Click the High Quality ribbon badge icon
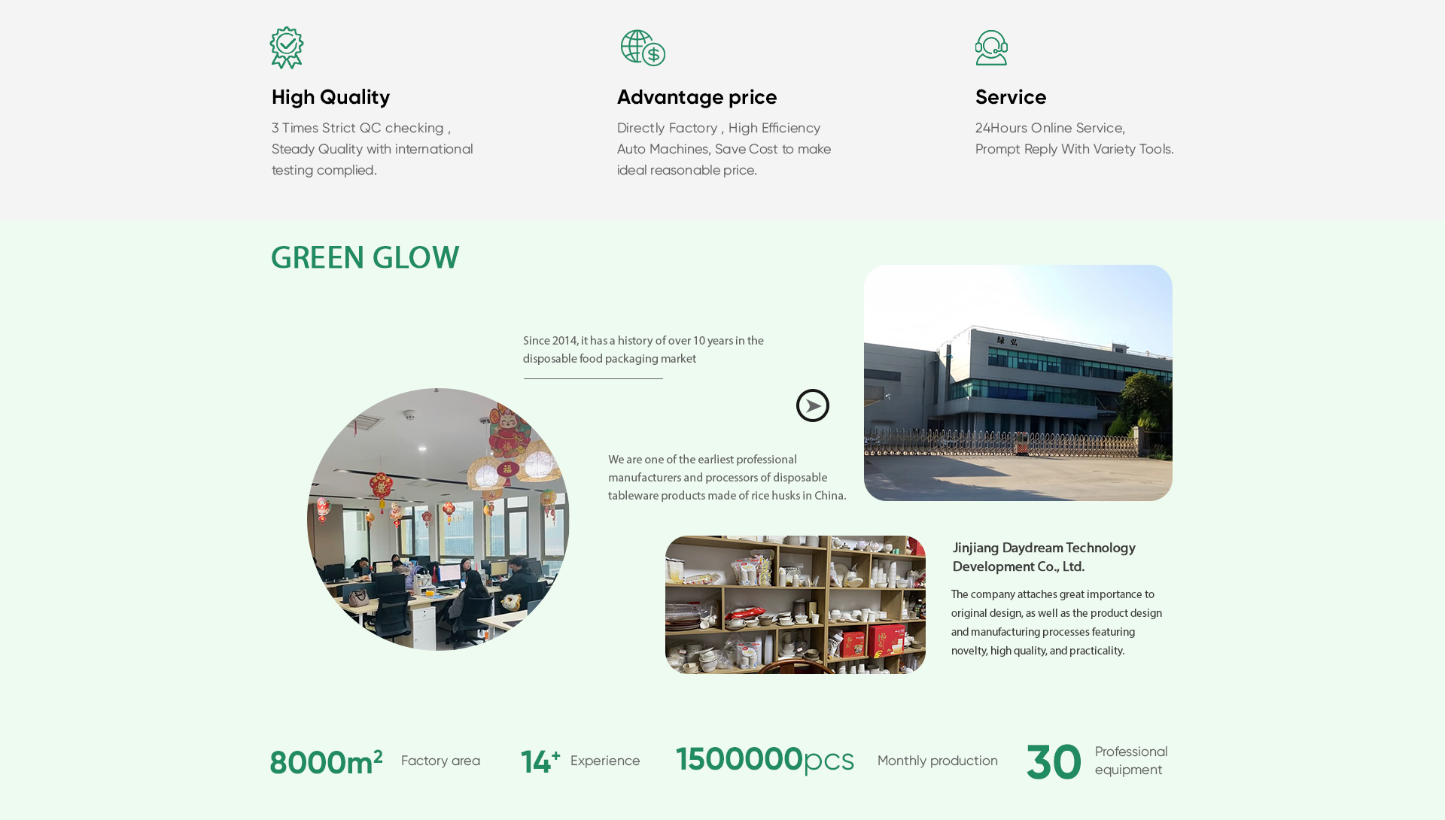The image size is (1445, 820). coord(287,48)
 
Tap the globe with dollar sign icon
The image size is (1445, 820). coord(643,48)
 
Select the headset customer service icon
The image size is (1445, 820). coord(991,48)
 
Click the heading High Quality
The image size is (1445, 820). coord(330,97)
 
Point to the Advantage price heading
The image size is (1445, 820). coord(697,97)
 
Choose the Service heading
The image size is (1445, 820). coord(1011,97)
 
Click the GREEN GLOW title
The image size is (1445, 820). coord(365,257)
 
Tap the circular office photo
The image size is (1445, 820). coord(438,519)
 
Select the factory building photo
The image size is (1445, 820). coord(1018,383)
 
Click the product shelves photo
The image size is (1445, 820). coord(796,605)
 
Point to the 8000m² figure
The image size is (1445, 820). coord(326,762)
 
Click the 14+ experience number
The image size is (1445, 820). coord(540,761)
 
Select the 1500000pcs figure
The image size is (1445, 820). coord(765,760)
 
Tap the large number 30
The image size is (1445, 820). coord(1054,762)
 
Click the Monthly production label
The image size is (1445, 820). coord(938,761)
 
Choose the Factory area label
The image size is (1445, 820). coord(440,761)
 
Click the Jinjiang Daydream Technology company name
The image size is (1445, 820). coord(1044,557)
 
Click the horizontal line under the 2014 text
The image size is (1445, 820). coord(593,378)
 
